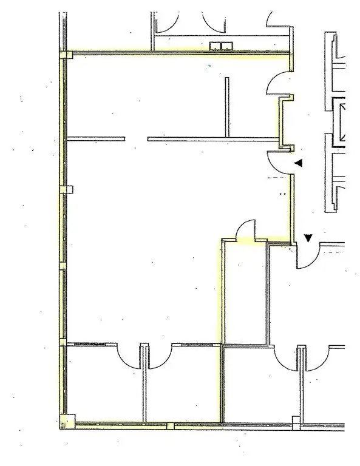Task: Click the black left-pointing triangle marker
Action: point(298,163)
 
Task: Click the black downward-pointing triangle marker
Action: point(308,238)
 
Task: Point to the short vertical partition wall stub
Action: point(227,107)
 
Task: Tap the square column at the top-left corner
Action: point(66,55)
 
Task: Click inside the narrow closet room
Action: point(245,291)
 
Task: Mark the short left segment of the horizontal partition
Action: point(95,139)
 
